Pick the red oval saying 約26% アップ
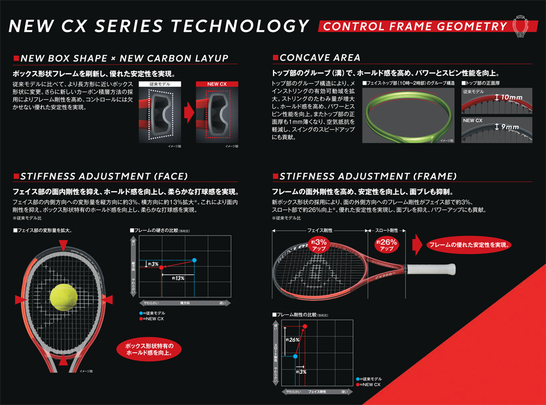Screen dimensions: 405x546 [x=387, y=244]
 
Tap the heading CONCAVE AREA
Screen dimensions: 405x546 [x=319, y=57]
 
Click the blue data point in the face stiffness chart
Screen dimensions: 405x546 [x=195, y=260]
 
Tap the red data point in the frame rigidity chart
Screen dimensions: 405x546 [x=305, y=326]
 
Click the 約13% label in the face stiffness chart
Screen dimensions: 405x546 [x=177, y=278]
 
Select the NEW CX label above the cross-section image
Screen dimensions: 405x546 [x=216, y=84]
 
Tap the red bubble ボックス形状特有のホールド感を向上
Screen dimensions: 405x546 [x=149, y=350]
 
